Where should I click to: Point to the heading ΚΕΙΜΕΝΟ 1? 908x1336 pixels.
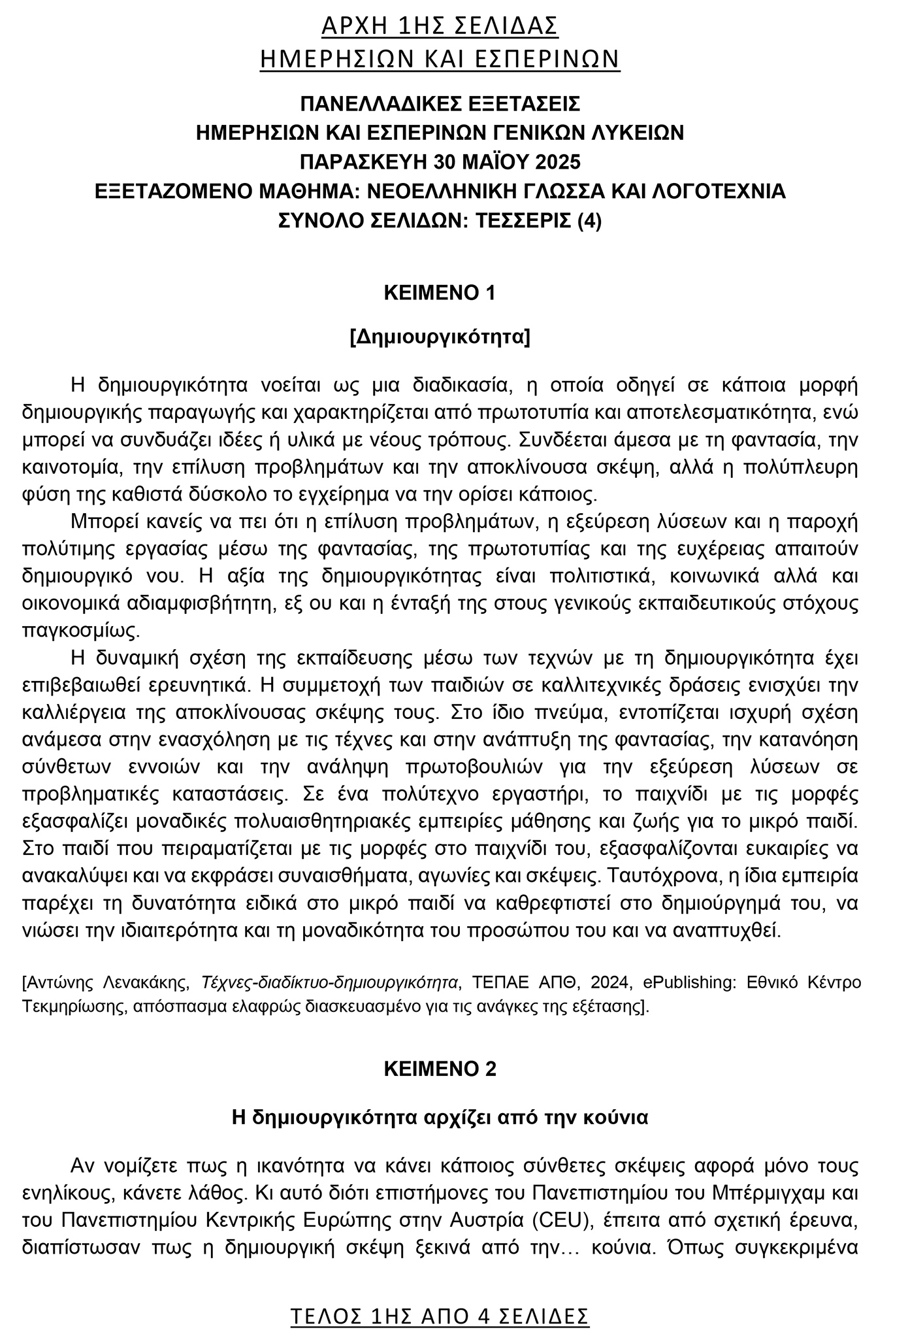pyautogui.click(x=440, y=292)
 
